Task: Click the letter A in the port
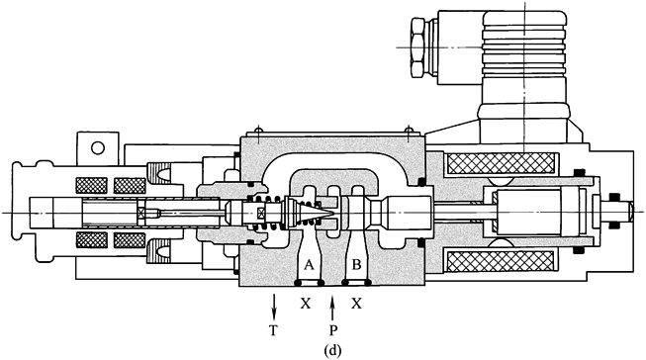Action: [309, 265]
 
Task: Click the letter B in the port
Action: [357, 265]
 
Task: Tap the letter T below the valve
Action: [273, 329]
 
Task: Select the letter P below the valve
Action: [333, 329]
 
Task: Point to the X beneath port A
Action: [306, 304]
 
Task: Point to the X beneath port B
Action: [357, 304]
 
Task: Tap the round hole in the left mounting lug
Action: [98, 147]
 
